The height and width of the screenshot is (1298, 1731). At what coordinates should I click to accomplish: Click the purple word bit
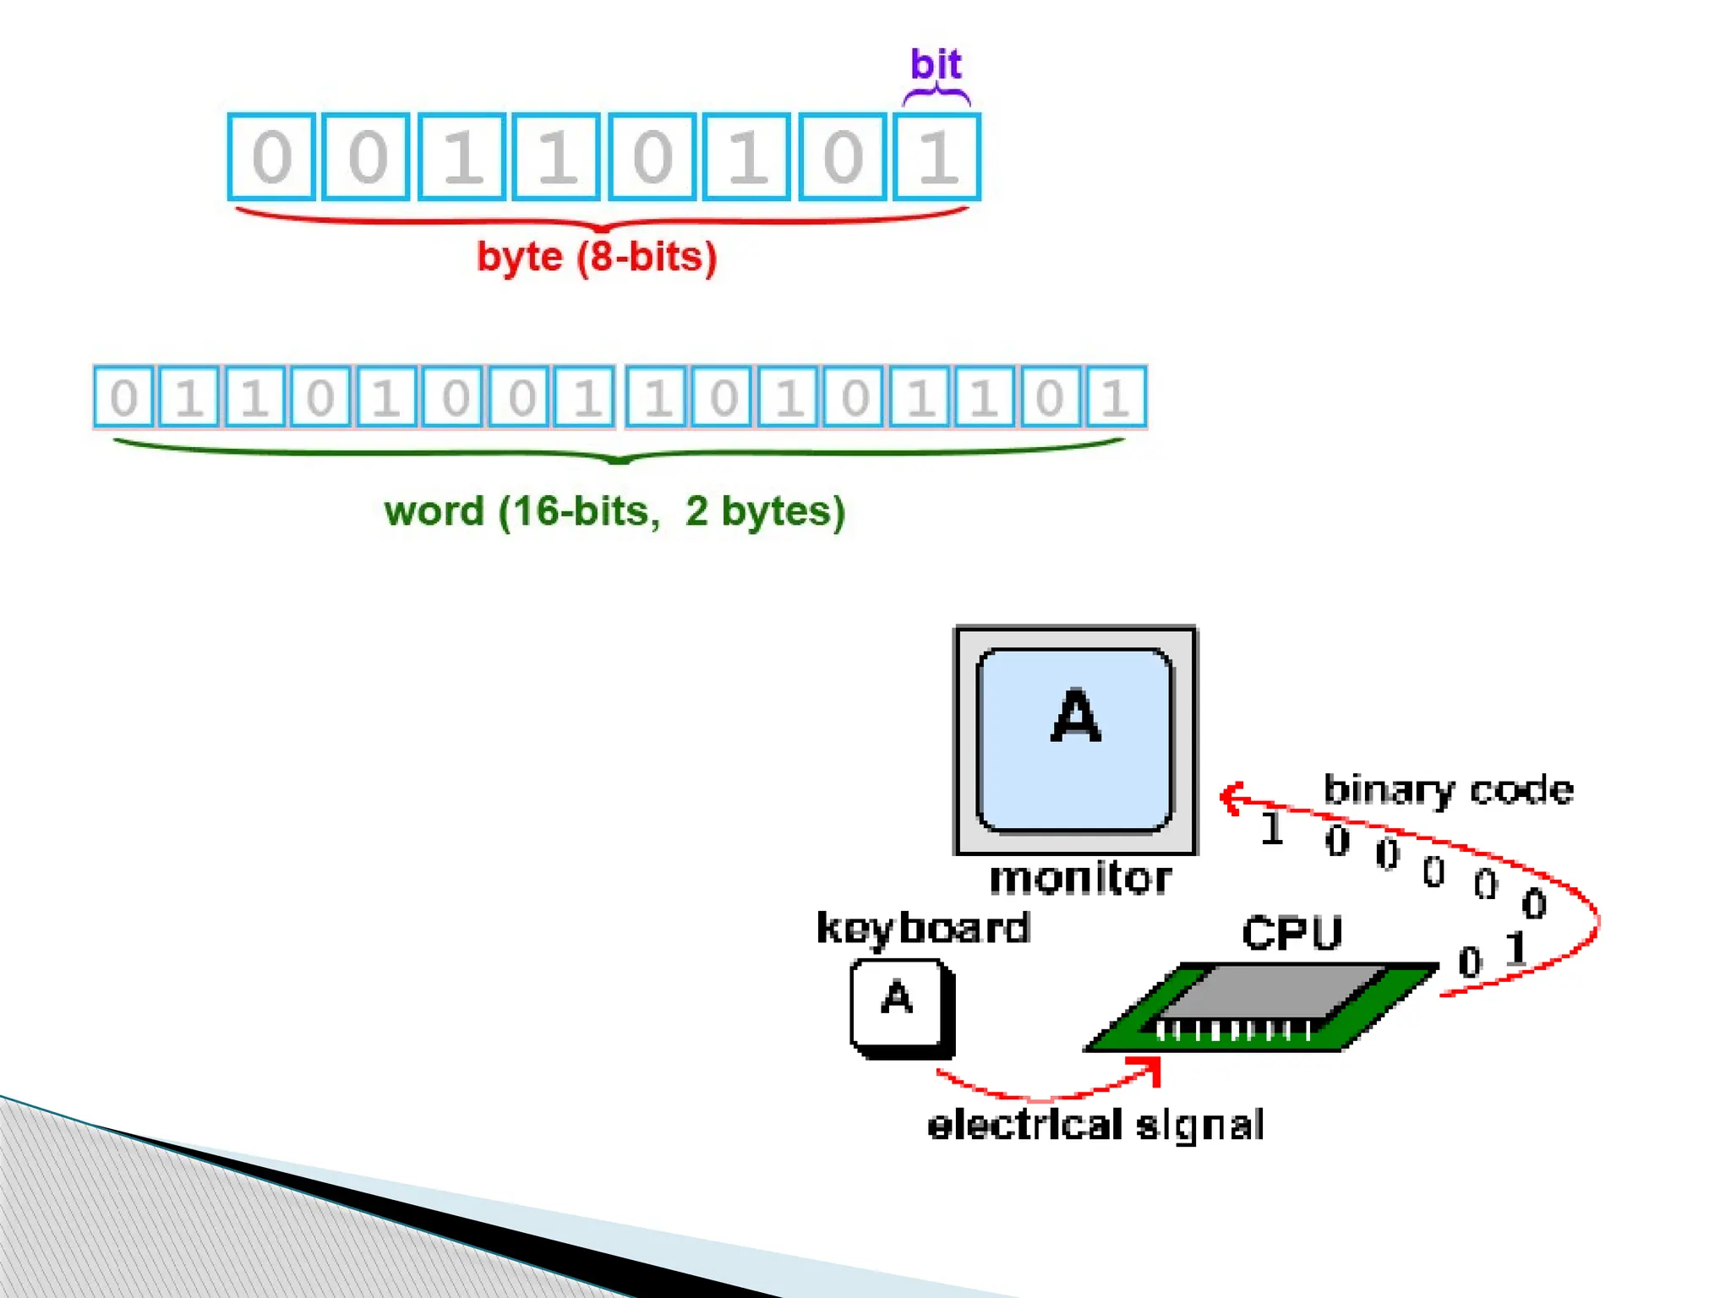click(x=936, y=64)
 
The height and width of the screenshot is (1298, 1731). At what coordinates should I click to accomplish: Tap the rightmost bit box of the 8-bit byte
click(x=936, y=157)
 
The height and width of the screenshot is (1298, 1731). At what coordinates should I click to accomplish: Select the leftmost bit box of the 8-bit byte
click(x=271, y=157)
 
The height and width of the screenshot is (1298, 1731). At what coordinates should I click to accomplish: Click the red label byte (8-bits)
click(x=597, y=257)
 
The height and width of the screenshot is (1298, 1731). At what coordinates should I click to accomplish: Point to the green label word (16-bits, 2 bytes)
click(x=614, y=511)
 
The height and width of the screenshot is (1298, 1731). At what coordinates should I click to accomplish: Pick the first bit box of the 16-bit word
click(x=123, y=396)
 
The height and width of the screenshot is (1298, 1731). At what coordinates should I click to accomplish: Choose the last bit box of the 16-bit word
click(x=1116, y=396)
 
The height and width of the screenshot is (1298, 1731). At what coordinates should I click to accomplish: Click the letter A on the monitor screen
click(x=1075, y=716)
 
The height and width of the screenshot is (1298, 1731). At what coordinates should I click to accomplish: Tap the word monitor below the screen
click(x=1080, y=878)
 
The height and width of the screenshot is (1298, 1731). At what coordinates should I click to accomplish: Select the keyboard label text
click(x=923, y=929)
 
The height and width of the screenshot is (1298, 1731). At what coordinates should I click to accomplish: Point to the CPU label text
click(x=1291, y=934)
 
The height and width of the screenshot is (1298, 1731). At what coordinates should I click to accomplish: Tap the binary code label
click(x=1448, y=790)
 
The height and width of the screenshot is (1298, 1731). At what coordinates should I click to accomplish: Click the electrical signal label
click(x=1095, y=1126)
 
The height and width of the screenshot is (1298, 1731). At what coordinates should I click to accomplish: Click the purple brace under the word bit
click(x=936, y=95)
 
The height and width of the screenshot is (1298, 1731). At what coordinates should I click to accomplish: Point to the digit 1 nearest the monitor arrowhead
click(x=1271, y=829)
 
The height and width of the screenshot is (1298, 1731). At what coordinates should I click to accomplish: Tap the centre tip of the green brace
click(x=619, y=461)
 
